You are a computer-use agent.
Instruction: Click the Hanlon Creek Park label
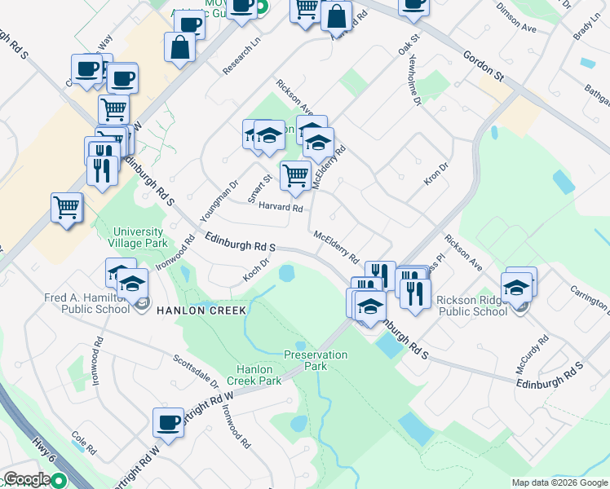[x=254, y=375]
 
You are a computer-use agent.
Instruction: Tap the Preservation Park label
[x=316, y=360]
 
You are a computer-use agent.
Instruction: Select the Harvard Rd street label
[x=281, y=208]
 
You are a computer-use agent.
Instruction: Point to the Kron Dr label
[x=437, y=174]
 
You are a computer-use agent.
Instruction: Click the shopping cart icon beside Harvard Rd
[x=295, y=174]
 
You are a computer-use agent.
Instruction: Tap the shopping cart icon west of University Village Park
[x=67, y=206]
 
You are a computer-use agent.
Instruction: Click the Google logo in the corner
[x=27, y=480]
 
